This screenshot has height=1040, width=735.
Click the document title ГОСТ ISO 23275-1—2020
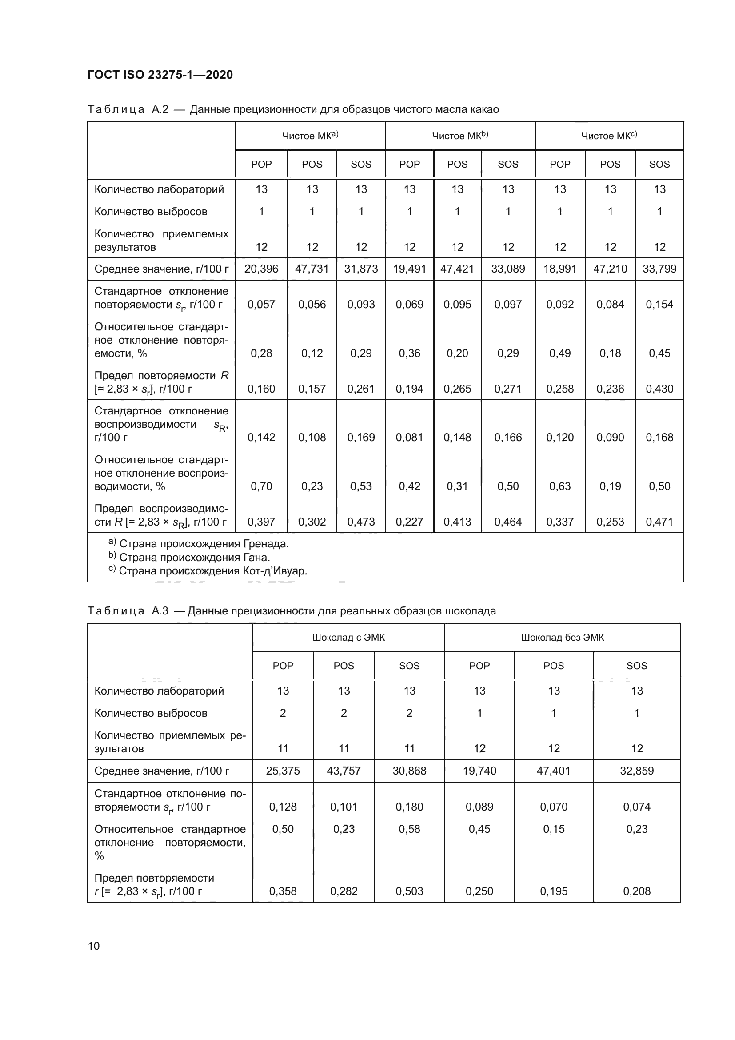160,75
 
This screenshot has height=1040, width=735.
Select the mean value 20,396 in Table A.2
261,269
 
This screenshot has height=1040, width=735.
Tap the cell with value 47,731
312,269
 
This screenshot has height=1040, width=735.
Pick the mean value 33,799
659,269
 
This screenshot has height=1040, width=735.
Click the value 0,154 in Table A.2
659,305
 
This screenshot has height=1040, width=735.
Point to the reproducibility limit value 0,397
261,522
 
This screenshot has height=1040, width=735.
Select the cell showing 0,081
409,438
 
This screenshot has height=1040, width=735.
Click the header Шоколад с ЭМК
348,638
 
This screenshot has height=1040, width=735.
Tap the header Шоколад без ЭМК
562,638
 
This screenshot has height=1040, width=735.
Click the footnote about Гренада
199,544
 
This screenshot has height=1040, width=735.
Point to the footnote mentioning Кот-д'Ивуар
208,571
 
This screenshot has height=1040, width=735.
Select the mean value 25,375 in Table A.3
283,771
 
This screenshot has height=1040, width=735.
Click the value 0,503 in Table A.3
409,891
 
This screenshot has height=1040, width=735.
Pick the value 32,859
636,771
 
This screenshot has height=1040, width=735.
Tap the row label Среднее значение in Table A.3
162,771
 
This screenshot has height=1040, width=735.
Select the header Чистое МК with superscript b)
460,136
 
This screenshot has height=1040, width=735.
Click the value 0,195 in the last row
554,891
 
